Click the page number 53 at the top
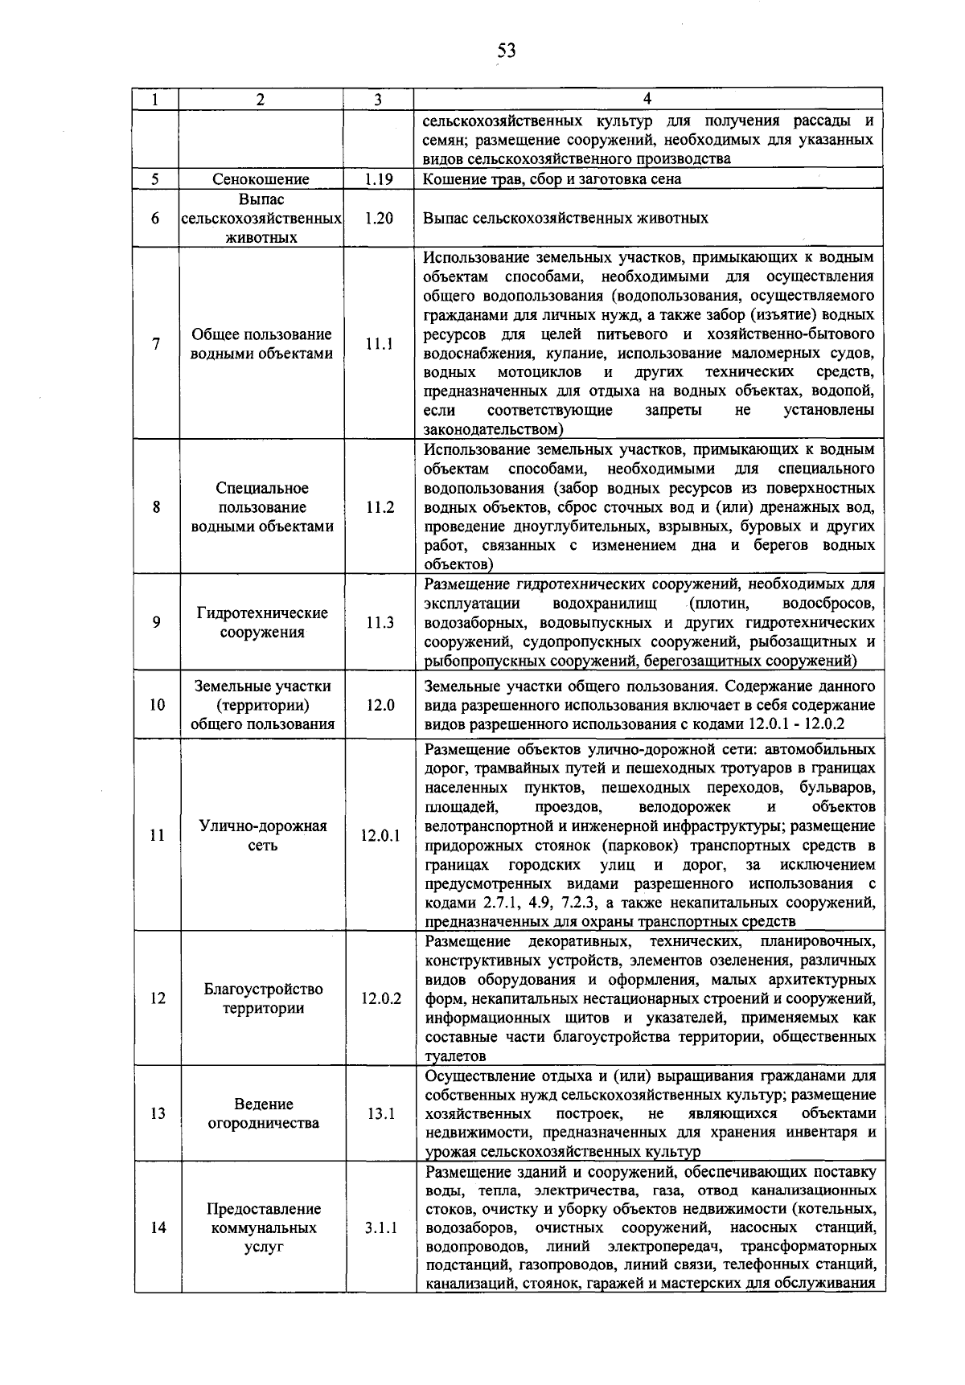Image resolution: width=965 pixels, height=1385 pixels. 506,51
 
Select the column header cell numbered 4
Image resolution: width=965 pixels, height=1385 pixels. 647,99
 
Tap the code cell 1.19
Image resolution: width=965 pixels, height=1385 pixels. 377,179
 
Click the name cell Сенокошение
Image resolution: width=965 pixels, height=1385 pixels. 261,179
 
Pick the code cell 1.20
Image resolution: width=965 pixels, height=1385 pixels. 377,218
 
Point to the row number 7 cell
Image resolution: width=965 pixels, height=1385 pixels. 156,344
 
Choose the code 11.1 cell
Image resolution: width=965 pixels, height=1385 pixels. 378,344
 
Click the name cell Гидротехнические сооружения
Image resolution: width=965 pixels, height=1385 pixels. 261,622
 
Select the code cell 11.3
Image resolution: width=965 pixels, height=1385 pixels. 379,622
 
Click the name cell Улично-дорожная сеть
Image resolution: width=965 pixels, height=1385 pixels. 262,835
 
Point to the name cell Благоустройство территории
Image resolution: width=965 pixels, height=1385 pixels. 262,998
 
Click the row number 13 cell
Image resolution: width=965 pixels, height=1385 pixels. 157,1113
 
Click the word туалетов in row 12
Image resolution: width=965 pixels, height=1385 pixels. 455,1056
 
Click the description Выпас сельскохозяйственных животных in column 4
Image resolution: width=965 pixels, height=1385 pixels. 565,218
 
